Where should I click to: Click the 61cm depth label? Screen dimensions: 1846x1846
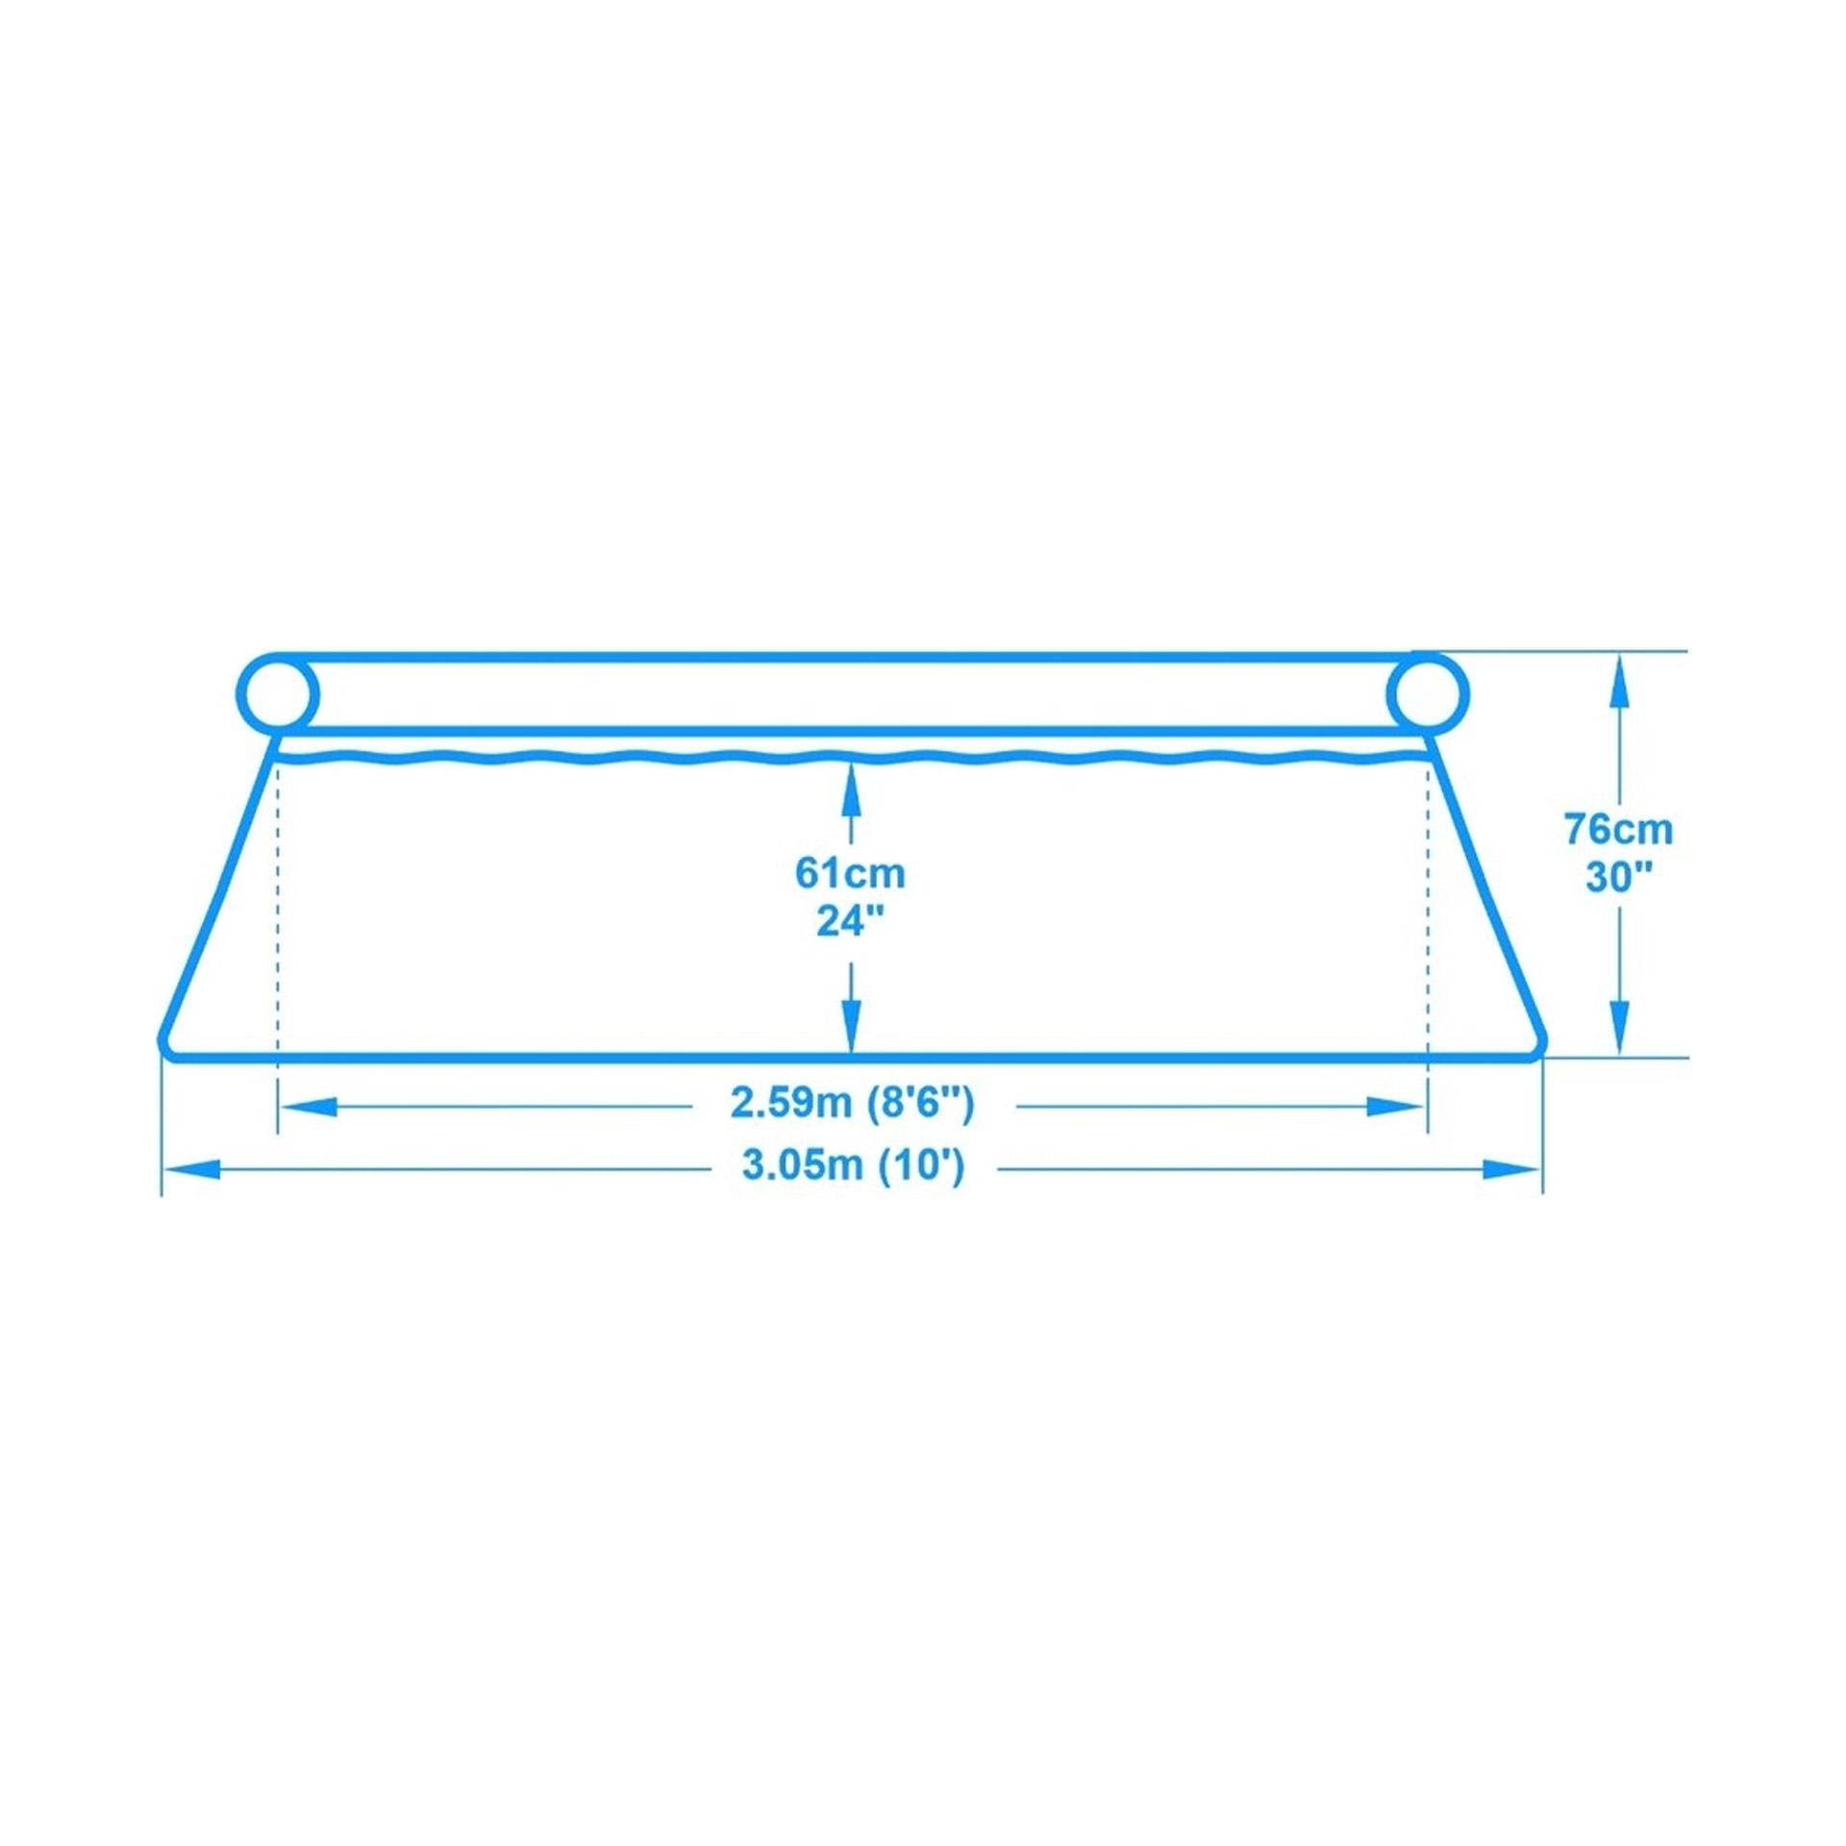click(x=850, y=873)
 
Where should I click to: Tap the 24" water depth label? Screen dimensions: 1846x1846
click(x=850, y=922)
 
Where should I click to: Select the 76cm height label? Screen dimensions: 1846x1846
click(x=1619, y=828)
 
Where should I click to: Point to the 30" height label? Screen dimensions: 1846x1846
click(x=1619, y=877)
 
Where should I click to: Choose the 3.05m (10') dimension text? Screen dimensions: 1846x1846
click(x=853, y=1166)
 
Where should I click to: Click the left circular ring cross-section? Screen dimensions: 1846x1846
click(x=278, y=693)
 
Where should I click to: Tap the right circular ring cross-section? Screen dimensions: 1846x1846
click(x=1428, y=693)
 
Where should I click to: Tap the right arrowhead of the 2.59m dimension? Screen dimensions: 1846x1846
click(x=1395, y=1107)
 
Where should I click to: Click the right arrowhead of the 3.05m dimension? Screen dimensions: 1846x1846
click(x=1510, y=1170)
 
